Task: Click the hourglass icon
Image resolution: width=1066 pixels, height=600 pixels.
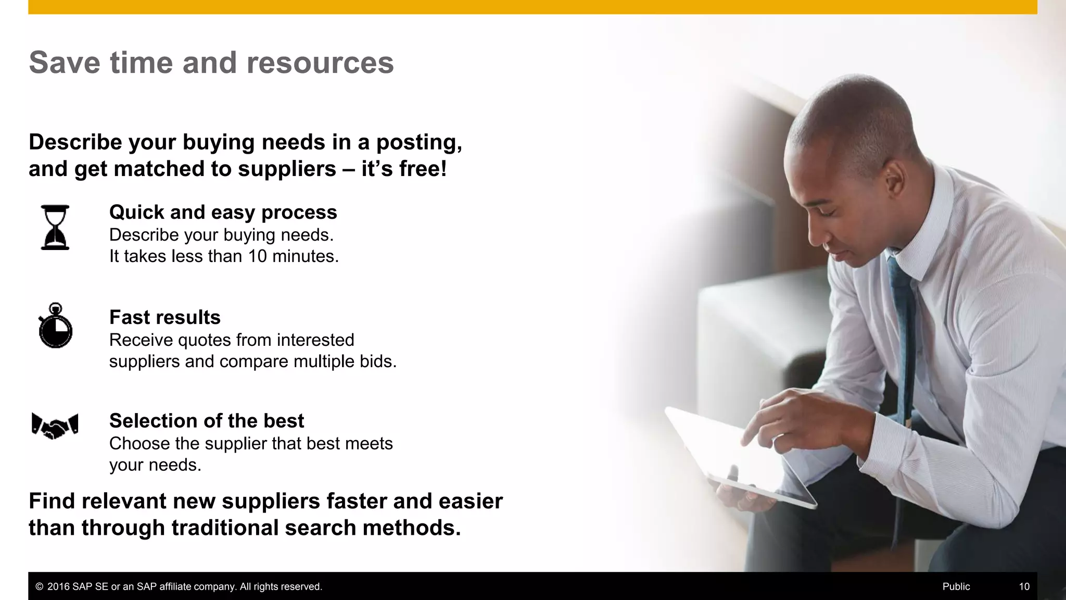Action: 55,228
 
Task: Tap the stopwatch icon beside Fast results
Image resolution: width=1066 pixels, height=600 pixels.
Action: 55,327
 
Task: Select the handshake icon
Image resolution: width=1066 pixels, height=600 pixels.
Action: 55,426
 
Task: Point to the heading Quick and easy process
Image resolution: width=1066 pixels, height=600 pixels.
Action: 223,213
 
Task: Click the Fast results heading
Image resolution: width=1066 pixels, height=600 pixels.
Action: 164,317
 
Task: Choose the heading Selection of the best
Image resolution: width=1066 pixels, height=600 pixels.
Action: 206,421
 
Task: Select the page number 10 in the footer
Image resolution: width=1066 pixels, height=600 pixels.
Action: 1024,586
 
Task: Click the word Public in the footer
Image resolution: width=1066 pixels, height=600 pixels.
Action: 956,586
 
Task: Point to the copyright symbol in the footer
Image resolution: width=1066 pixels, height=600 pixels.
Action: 39,586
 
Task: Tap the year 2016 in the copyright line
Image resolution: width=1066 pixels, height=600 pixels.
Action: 58,586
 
